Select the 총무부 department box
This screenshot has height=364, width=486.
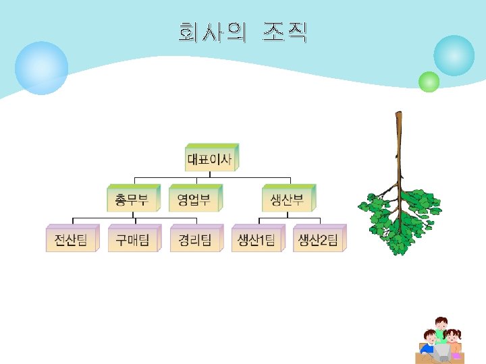tap(132, 200)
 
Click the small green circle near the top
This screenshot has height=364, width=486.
tap(429, 82)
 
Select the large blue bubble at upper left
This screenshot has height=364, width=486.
tap(41, 68)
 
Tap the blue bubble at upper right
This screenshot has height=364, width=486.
tap(454, 56)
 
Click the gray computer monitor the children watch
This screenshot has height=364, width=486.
tap(441, 351)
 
